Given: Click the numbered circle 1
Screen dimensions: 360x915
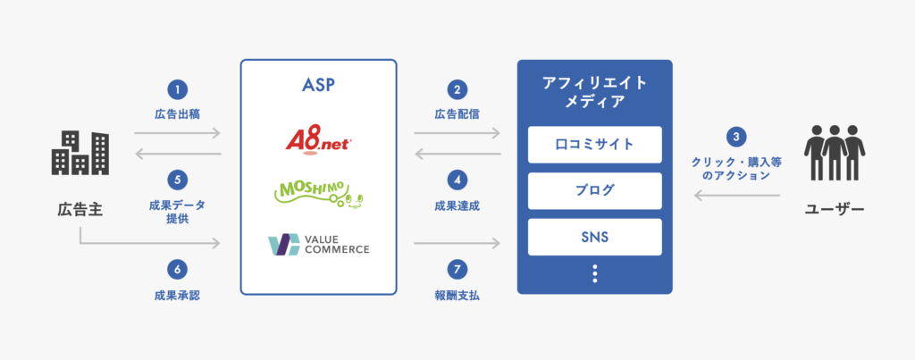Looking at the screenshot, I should click(x=177, y=88).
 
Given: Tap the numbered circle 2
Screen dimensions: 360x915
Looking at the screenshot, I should click(x=457, y=88).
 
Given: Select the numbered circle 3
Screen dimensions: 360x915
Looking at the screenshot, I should click(x=735, y=138).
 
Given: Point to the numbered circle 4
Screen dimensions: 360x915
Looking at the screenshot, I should click(x=457, y=179).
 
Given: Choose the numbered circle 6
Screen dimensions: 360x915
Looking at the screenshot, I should click(x=177, y=267).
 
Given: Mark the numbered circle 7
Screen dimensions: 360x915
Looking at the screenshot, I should click(x=457, y=267).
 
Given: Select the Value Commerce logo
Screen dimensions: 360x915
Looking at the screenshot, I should click(x=318, y=243).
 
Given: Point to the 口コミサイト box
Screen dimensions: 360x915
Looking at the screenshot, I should click(x=594, y=144).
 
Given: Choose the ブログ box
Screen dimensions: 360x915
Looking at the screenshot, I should click(x=594, y=190).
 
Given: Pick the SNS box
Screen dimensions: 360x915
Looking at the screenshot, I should click(x=594, y=237).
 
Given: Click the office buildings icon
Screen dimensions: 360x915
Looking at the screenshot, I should click(x=80, y=154).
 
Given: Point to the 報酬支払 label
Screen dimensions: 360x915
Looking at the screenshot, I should click(x=457, y=295).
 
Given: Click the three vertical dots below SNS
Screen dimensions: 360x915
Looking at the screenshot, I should click(x=594, y=274).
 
